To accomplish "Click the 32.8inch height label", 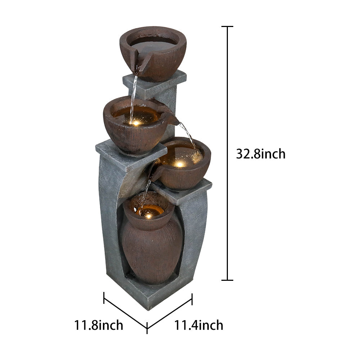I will click(x=261, y=154).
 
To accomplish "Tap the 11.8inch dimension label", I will click(x=99, y=325).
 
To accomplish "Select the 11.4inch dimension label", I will click(x=199, y=325).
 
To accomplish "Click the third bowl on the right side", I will click(x=184, y=169).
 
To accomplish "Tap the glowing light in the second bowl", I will click(x=136, y=123).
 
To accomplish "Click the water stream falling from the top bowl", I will click(x=134, y=94).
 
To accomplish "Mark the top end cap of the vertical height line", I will click(x=227, y=26).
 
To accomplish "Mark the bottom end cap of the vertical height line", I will click(x=227, y=280).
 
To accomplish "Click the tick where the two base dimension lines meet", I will click(x=147, y=328).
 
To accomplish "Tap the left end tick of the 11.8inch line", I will click(x=104, y=298).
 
